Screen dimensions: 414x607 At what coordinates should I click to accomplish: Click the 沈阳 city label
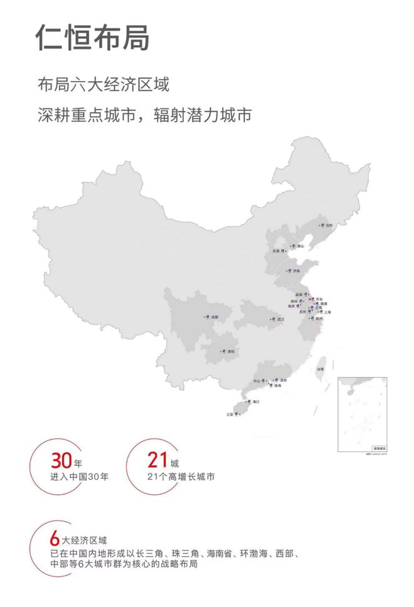(x=329, y=225)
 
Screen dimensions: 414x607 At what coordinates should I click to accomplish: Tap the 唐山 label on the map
(x=300, y=246)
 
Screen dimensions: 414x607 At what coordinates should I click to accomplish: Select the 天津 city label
(x=276, y=251)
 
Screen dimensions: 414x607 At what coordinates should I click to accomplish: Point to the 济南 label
(x=296, y=271)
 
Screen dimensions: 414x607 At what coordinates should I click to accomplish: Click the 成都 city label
(x=216, y=317)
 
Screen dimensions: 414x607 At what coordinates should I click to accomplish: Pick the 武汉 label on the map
(x=281, y=319)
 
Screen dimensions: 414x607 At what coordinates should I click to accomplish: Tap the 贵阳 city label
(x=231, y=352)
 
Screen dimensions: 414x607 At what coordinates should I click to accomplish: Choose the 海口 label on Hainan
(x=256, y=401)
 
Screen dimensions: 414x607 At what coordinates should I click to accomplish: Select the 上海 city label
(x=327, y=312)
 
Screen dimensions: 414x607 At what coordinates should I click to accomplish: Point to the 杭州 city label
(x=319, y=319)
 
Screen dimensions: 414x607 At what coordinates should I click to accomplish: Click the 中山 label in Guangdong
(x=257, y=381)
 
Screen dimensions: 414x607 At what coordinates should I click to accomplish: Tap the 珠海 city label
(x=277, y=386)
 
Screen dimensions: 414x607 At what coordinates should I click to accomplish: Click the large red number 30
(x=61, y=462)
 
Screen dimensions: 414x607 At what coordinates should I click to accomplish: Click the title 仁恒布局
(x=93, y=37)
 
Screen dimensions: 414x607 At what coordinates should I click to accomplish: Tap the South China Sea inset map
(x=363, y=414)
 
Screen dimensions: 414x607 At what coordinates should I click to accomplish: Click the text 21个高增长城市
(x=181, y=477)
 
